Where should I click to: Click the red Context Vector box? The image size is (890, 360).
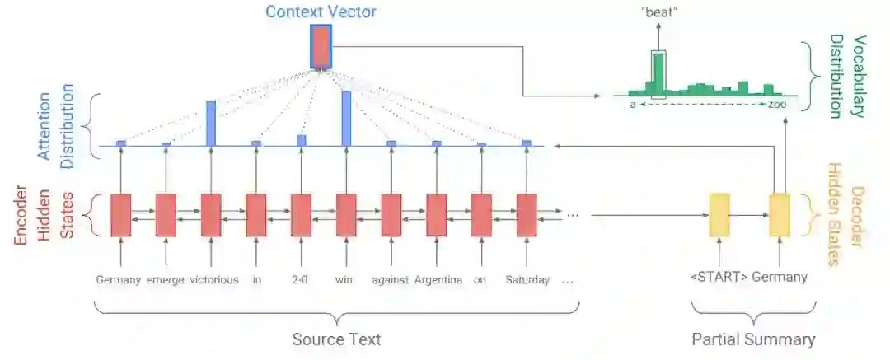pos(321,46)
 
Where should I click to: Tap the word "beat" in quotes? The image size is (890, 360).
pos(657,13)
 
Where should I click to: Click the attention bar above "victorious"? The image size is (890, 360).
pos(211,123)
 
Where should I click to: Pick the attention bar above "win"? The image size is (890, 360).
pos(346,119)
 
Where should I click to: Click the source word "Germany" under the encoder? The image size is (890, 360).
pos(119,280)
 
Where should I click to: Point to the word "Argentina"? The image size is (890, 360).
pos(437,280)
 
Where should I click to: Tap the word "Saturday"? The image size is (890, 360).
pos(527,280)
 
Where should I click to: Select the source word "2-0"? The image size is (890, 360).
pos(301,280)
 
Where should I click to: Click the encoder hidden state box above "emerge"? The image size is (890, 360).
pos(166,216)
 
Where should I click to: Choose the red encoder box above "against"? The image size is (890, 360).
pos(391,216)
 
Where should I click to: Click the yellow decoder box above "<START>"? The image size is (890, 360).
pos(719,216)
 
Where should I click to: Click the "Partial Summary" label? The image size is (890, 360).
pos(753,339)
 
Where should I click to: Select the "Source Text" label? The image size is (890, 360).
pos(336,339)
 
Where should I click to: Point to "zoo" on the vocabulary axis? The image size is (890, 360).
pos(777,105)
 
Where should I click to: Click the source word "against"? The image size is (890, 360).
pos(391,280)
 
